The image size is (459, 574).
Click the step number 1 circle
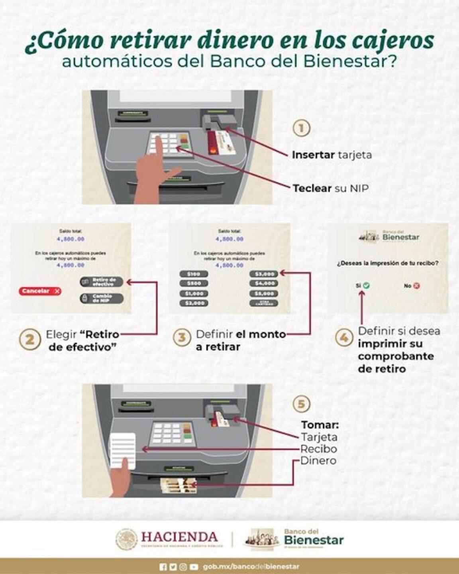[302, 128]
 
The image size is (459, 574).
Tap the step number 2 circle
[30, 340]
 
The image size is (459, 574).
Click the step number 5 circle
[301, 404]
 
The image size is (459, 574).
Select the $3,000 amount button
[264, 274]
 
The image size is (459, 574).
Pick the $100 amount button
[194, 274]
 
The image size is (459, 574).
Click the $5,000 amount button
[264, 294]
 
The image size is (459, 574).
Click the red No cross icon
[416, 285]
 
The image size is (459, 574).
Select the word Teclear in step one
[312, 188]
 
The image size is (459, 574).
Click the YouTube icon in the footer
[194, 566]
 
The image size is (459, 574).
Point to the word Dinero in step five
[318, 461]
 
